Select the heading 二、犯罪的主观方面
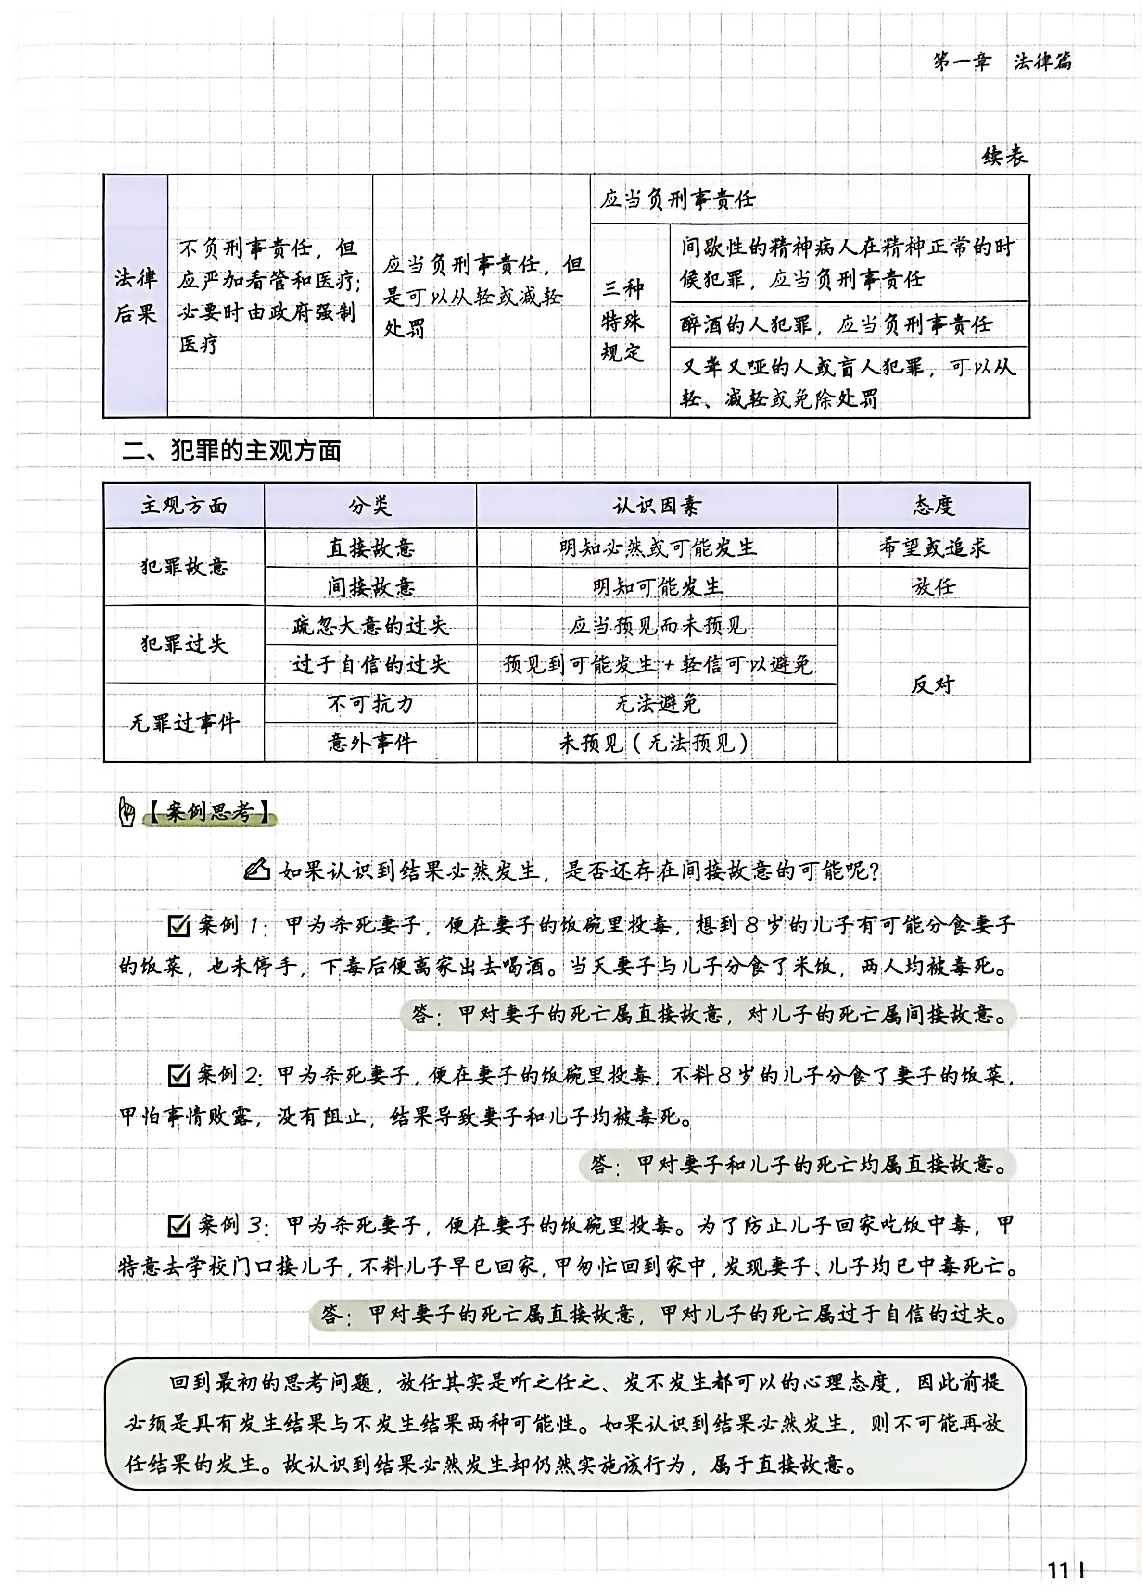(x=231, y=451)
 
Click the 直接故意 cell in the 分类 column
(x=370, y=547)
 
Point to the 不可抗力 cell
(x=370, y=703)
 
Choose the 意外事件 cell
(x=370, y=743)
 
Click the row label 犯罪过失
(x=184, y=644)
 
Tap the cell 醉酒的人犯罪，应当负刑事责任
(x=836, y=324)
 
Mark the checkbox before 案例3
(x=179, y=1226)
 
